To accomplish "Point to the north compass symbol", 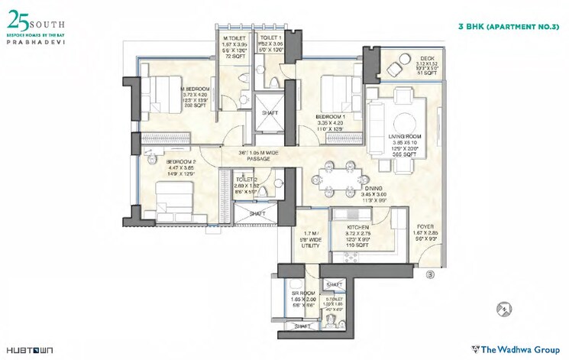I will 502,309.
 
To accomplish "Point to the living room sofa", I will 377,129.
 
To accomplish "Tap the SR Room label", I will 299,294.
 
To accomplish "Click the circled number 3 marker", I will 430,274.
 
